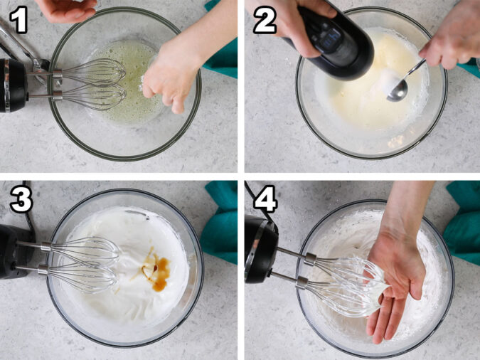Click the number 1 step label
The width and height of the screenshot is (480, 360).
(x=19, y=20)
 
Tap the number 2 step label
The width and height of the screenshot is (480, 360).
(x=265, y=20)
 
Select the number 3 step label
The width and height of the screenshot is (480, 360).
(x=21, y=199)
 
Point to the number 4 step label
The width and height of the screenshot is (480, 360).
(x=265, y=198)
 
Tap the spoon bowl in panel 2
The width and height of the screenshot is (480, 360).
(x=398, y=91)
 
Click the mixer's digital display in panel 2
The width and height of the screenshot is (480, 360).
(x=331, y=38)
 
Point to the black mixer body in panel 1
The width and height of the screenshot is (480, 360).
(x=13, y=85)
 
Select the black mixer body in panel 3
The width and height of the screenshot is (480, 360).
(x=16, y=251)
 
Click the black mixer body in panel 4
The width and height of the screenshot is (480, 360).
(x=261, y=249)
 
